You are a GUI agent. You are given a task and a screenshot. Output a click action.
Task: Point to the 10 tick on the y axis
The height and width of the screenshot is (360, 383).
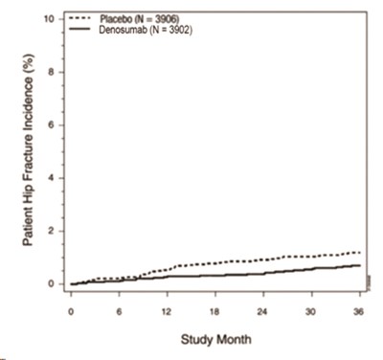[x=48, y=19]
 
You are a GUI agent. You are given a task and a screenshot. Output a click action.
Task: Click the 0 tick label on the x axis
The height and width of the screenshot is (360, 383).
[x=71, y=312]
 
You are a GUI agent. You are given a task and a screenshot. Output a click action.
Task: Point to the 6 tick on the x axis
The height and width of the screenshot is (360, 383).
[x=119, y=312]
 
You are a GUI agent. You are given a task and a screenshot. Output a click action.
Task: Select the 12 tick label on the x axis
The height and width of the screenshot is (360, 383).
[x=168, y=312]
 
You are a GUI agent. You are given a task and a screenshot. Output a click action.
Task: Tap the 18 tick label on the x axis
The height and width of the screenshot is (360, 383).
[x=215, y=312]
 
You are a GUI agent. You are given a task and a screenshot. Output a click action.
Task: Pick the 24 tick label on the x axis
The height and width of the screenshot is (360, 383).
[x=263, y=312]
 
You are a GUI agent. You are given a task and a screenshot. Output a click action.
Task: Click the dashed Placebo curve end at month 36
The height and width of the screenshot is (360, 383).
[x=359, y=252]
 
